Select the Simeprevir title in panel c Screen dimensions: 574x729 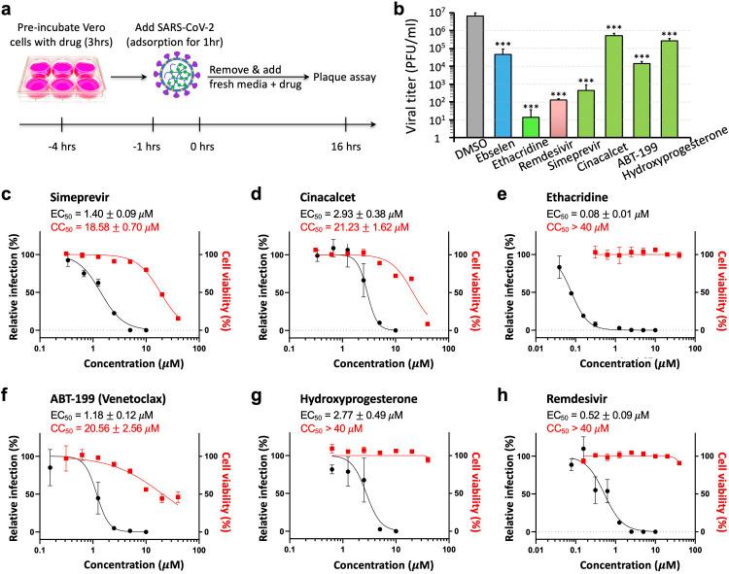pos(65,196)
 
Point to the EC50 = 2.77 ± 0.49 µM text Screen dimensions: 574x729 pos(336,411)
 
